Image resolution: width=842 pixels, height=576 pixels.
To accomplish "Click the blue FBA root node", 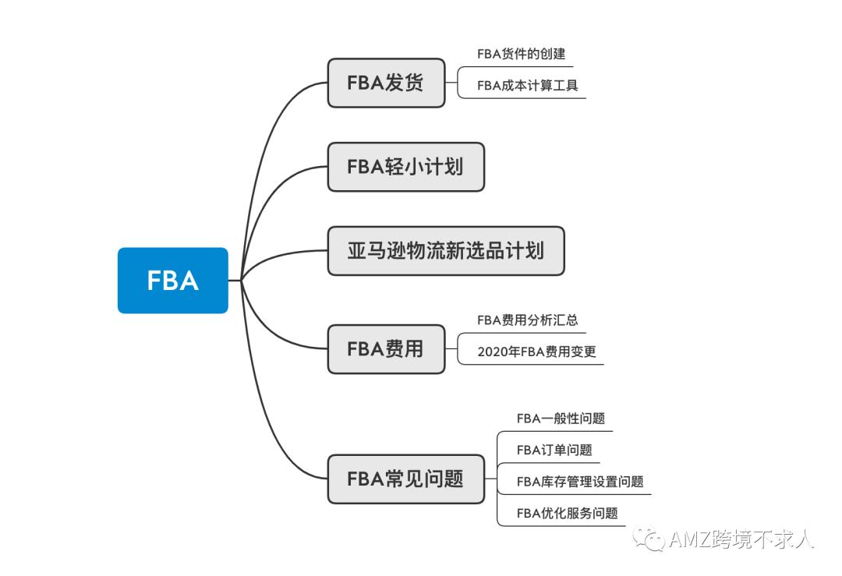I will [172, 281].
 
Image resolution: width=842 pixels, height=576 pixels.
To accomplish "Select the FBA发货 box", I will [386, 83].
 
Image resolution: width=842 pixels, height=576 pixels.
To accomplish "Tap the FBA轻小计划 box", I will [405, 167].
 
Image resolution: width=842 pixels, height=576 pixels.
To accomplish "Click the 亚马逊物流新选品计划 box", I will [445, 251].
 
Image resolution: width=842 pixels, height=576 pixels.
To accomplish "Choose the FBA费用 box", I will [386, 349].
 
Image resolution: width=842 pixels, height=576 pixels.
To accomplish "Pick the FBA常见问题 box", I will [405, 479].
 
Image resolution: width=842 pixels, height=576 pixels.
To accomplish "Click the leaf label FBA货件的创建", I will [521, 55].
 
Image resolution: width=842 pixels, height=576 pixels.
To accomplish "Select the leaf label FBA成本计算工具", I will [528, 86].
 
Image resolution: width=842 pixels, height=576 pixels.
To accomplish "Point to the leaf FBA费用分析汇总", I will [528, 320].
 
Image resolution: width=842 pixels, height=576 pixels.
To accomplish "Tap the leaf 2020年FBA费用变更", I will [536, 352].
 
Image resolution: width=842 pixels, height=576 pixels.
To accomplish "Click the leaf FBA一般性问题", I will [561, 419].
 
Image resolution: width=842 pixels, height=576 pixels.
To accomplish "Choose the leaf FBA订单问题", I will [554, 450].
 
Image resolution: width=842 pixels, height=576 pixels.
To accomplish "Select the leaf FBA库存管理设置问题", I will [580, 482].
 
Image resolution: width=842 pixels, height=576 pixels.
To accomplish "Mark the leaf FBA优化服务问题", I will [567, 513].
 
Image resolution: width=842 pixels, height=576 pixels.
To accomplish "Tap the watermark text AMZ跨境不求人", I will [741, 540].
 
